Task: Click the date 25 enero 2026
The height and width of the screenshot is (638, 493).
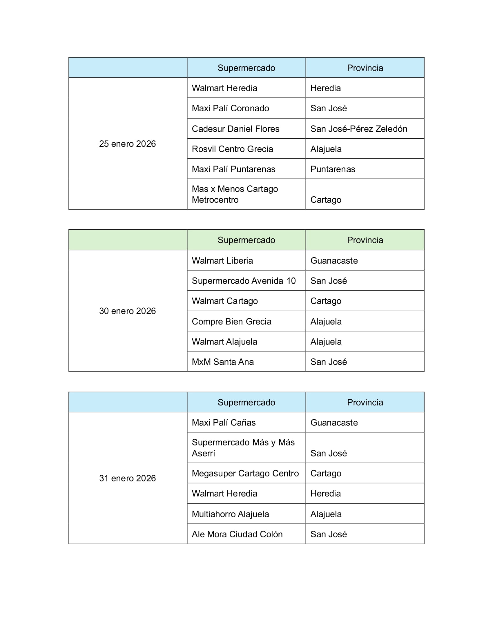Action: pos(127,144)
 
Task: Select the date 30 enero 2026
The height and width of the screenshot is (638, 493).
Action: pos(127,311)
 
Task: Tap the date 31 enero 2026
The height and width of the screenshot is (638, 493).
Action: pos(127,478)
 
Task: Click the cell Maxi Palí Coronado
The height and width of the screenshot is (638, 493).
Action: pos(230,108)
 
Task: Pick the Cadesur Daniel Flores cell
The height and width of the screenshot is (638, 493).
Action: pos(235,128)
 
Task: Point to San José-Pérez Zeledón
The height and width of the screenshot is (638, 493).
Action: pos(359,128)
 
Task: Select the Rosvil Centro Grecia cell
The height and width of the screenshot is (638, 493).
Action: pos(232,149)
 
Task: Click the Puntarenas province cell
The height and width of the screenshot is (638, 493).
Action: pos(333,169)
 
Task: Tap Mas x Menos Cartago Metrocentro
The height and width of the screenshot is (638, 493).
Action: pos(235,194)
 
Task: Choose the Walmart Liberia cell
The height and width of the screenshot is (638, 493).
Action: pos(222,261)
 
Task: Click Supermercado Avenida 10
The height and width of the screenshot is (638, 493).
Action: pos(244,281)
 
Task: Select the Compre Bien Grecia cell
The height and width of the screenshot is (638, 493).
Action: pos(232,321)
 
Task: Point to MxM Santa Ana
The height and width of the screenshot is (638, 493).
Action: pos(222,362)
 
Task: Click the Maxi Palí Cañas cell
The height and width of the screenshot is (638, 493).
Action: pos(224,423)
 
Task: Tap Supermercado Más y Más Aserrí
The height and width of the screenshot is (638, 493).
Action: pos(243,448)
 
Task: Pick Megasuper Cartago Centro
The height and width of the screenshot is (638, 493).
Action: pos(245,473)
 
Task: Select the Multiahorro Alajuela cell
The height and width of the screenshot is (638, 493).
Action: pos(230,514)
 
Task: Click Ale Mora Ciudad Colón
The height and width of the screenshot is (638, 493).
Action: pos(237,534)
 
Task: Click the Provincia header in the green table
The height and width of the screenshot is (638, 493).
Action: pos(365,240)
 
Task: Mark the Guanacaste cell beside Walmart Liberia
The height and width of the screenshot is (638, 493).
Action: pos(334,261)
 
